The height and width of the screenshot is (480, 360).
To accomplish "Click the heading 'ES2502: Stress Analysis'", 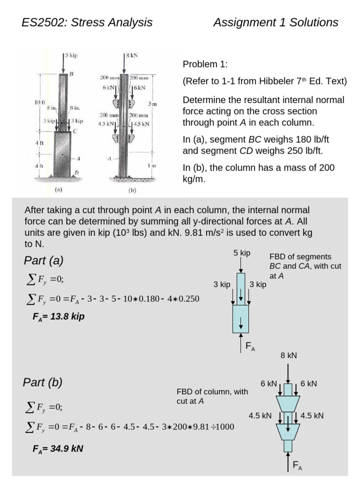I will pyautogui.click(x=87, y=22).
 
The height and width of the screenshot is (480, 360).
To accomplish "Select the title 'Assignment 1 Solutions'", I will pyautogui.click(x=276, y=22).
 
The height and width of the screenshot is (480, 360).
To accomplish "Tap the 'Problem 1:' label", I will pyautogui.click(x=205, y=64).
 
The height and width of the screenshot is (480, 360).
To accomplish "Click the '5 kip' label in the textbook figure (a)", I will pyautogui.click(x=71, y=55).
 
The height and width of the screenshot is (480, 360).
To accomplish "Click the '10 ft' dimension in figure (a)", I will pyautogui.click(x=39, y=102).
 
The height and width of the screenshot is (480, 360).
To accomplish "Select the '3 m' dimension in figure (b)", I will pyautogui.click(x=151, y=103).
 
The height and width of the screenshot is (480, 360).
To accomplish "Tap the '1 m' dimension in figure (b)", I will pyautogui.click(x=151, y=166).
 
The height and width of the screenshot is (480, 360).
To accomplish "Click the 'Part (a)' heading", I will pyautogui.click(x=43, y=261).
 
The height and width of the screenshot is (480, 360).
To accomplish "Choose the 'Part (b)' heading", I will pyautogui.click(x=43, y=382).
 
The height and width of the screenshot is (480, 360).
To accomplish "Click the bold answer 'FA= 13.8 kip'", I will pyautogui.click(x=59, y=316).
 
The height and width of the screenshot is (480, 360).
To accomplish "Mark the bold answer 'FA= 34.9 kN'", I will pyautogui.click(x=58, y=449).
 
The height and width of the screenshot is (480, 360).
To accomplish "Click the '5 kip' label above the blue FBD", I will pyautogui.click(x=242, y=253).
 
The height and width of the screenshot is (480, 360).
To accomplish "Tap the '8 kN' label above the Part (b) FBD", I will pyautogui.click(x=289, y=356).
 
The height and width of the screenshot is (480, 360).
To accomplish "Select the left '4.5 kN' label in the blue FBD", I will pyautogui.click(x=260, y=415).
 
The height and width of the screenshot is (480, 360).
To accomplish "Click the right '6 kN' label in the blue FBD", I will pyautogui.click(x=309, y=383).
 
